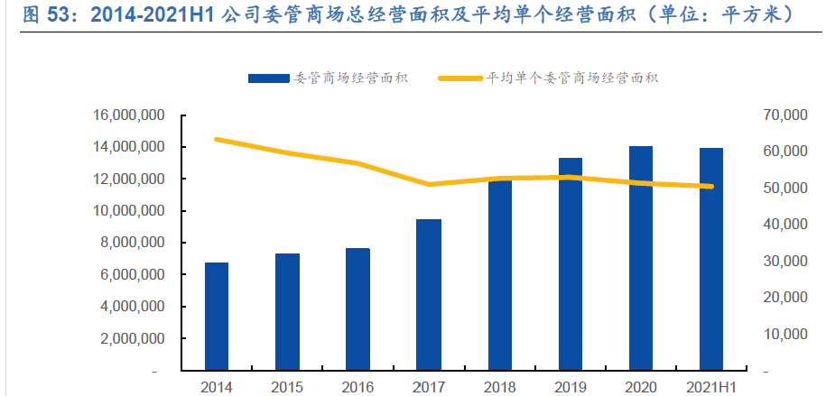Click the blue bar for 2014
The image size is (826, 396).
pyautogui.click(x=217, y=316)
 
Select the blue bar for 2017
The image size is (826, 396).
pyautogui.click(x=429, y=294)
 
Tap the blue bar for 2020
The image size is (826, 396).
pyautogui.click(x=641, y=258)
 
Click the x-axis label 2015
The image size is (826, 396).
pyautogui.click(x=287, y=385)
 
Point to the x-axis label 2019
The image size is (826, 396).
pyautogui.click(x=571, y=385)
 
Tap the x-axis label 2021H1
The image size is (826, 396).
pyautogui.click(x=711, y=385)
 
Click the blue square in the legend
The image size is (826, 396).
pyautogui.click(x=268, y=78)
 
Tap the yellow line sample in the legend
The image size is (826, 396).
pyautogui.click(x=460, y=78)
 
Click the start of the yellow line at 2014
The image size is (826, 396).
pyautogui.click(x=217, y=139)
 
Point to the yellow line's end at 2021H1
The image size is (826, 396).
pyautogui.click(x=711, y=187)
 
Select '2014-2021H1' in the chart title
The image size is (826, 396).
pyautogui.click(x=153, y=14)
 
